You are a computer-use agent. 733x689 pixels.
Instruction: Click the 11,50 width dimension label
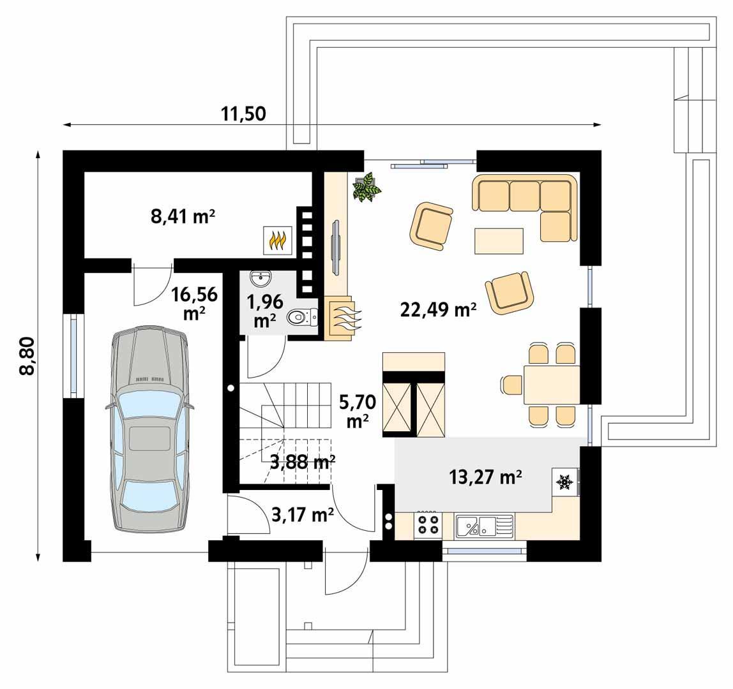tap(243, 114)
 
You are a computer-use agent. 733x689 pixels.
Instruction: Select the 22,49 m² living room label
tap(439, 310)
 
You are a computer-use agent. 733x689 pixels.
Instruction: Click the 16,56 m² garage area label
tap(194, 304)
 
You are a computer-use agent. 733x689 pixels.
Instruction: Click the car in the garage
tap(150, 429)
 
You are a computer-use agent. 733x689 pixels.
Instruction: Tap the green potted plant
tap(367, 187)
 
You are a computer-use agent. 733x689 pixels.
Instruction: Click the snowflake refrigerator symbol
tap(564, 483)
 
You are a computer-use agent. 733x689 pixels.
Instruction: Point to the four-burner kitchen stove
tap(428, 526)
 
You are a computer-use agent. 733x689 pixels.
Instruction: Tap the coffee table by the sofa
tap(499, 241)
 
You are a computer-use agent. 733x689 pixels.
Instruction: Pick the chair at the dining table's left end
tap(511, 385)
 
